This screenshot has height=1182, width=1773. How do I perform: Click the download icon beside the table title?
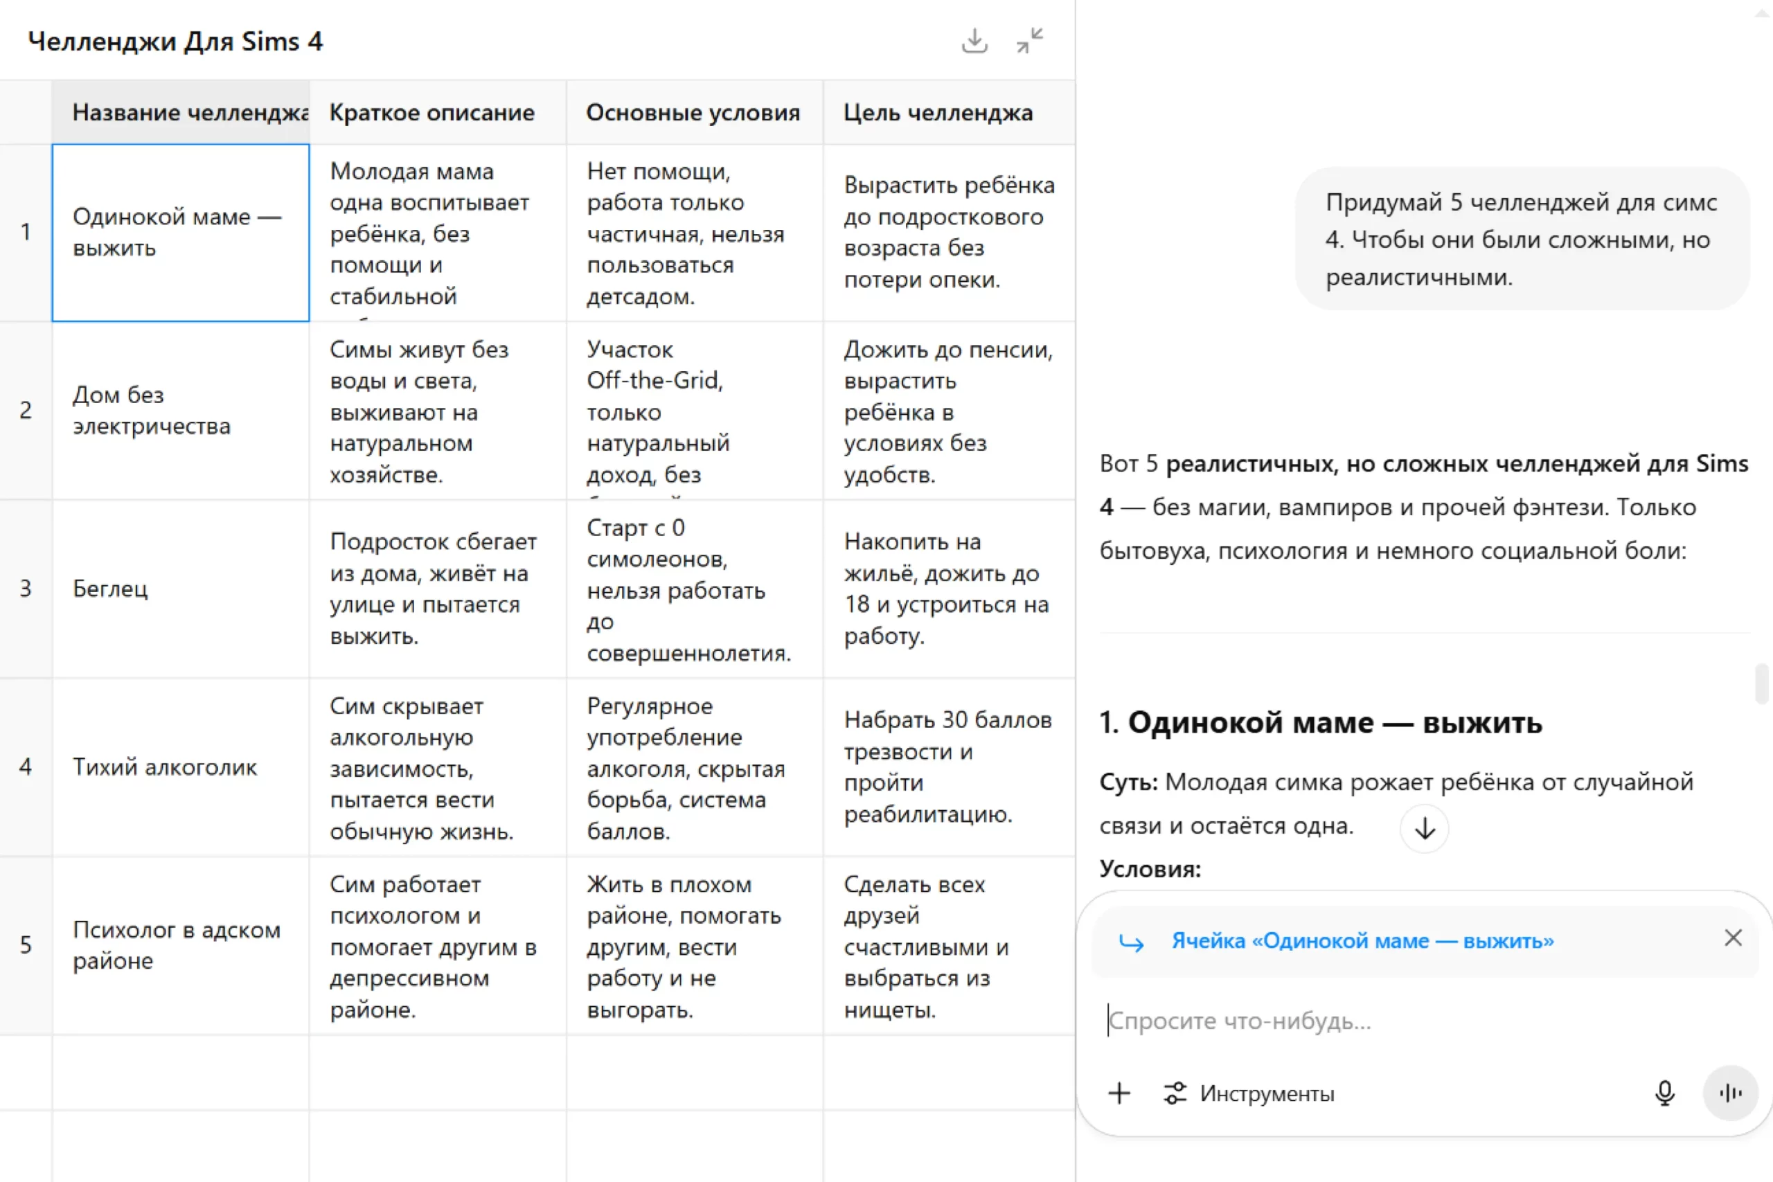[974, 41]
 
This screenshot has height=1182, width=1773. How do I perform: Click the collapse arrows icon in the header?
[1030, 41]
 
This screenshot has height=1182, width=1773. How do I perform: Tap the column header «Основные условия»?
[693, 113]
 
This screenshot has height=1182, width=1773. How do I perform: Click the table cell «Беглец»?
[180, 589]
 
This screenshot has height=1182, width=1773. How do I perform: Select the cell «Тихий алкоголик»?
[180, 767]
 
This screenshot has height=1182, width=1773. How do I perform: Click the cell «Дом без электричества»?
[180, 411]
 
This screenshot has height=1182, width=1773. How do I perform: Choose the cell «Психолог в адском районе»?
[180, 945]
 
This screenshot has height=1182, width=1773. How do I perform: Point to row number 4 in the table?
[26, 767]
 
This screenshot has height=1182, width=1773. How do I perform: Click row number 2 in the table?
[26, 411]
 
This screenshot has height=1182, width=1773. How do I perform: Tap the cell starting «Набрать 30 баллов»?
[948, 767]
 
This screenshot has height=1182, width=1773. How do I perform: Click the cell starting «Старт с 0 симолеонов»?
[693, 589]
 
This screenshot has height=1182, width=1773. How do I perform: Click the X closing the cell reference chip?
[1733, 938]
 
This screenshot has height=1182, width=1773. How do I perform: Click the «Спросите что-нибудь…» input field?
[1395, 1021]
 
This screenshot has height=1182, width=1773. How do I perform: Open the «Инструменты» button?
[1250, 1093]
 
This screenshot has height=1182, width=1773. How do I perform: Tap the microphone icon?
[1664, 1093]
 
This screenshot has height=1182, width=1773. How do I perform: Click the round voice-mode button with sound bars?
[1731, 1093]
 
